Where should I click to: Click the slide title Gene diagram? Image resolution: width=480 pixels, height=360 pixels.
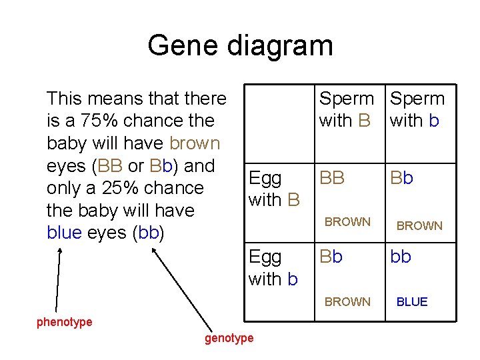click(x=240, y=45)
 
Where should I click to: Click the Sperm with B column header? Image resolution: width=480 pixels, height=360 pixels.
click(x=346, y=109)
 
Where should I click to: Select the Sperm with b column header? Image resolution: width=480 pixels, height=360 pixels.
click(x=417, y=109)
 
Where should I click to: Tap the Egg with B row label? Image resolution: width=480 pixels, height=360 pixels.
click(x=274, y=188)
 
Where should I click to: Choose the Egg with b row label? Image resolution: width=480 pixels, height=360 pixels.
click(x=273, y=267)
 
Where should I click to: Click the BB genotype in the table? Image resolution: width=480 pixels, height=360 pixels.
click(x=333, y=178)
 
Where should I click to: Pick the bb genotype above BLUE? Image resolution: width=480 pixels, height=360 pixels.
click(x=401, y=257)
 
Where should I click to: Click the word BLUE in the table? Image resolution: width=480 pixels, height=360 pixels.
click(x=412, y=302)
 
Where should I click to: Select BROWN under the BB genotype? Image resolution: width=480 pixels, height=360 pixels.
click(x=347, y=222)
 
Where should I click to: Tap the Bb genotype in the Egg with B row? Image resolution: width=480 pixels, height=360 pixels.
click(x=402, y=178)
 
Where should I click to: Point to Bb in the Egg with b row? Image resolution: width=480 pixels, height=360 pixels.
click(x=332, y=257)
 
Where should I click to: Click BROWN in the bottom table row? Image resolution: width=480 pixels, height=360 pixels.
click(x=347, y=302)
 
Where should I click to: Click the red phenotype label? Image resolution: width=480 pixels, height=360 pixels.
click(x=64, y=323)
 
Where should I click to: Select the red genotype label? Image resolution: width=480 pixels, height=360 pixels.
click(x=229, y=338)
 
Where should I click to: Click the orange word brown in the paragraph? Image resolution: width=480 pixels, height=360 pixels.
click(x=195, y=143)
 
